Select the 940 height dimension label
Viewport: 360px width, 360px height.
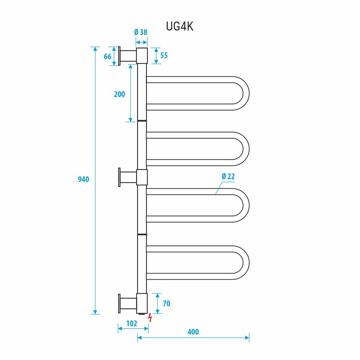84,179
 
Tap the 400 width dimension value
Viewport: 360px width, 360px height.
193,332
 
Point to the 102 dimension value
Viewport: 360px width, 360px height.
132,323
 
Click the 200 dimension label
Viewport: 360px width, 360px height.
119,94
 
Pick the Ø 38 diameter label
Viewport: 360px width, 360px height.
141,32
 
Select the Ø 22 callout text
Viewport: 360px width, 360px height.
228,176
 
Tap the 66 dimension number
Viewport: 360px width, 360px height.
107,57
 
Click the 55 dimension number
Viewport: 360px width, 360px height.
164,55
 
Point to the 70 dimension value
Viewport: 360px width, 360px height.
166,303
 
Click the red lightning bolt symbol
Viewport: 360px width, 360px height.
150,318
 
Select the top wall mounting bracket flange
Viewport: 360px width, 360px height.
119,56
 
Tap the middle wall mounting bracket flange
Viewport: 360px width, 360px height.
119,177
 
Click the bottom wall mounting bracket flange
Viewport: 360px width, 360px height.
119,303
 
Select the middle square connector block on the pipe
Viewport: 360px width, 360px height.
142,177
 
